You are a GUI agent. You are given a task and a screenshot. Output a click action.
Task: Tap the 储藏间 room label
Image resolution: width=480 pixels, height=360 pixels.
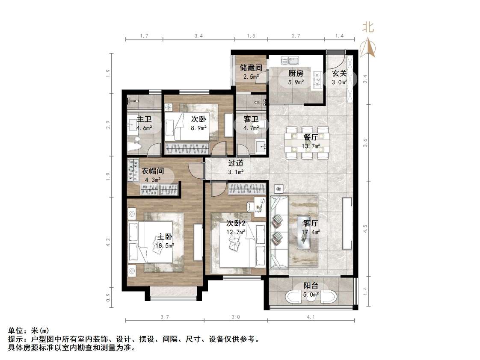coord(251,68)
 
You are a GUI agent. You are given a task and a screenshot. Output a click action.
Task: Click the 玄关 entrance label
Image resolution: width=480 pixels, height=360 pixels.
coord(339,73)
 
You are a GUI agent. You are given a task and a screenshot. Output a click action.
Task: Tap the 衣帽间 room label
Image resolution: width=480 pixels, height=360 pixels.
coord(153,171)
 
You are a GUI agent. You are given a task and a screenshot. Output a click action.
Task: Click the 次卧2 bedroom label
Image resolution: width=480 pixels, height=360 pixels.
coord(236,223)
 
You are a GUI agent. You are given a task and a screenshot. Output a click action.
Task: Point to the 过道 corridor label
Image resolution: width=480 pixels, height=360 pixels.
coord(236,163)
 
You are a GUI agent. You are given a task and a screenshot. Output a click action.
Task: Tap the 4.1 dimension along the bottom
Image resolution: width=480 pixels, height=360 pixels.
coord(311,317)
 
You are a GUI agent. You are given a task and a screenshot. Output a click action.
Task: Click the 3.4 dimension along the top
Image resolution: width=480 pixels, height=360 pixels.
coord(198,37)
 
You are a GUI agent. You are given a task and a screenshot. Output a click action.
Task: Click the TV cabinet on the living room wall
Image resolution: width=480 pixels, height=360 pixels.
coord(346,224)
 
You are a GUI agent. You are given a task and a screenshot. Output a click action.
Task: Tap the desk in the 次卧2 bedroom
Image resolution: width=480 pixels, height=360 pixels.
coord(258,205)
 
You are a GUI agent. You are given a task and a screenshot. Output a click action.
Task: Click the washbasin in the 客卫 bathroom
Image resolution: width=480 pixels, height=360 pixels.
coord(260,146)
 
